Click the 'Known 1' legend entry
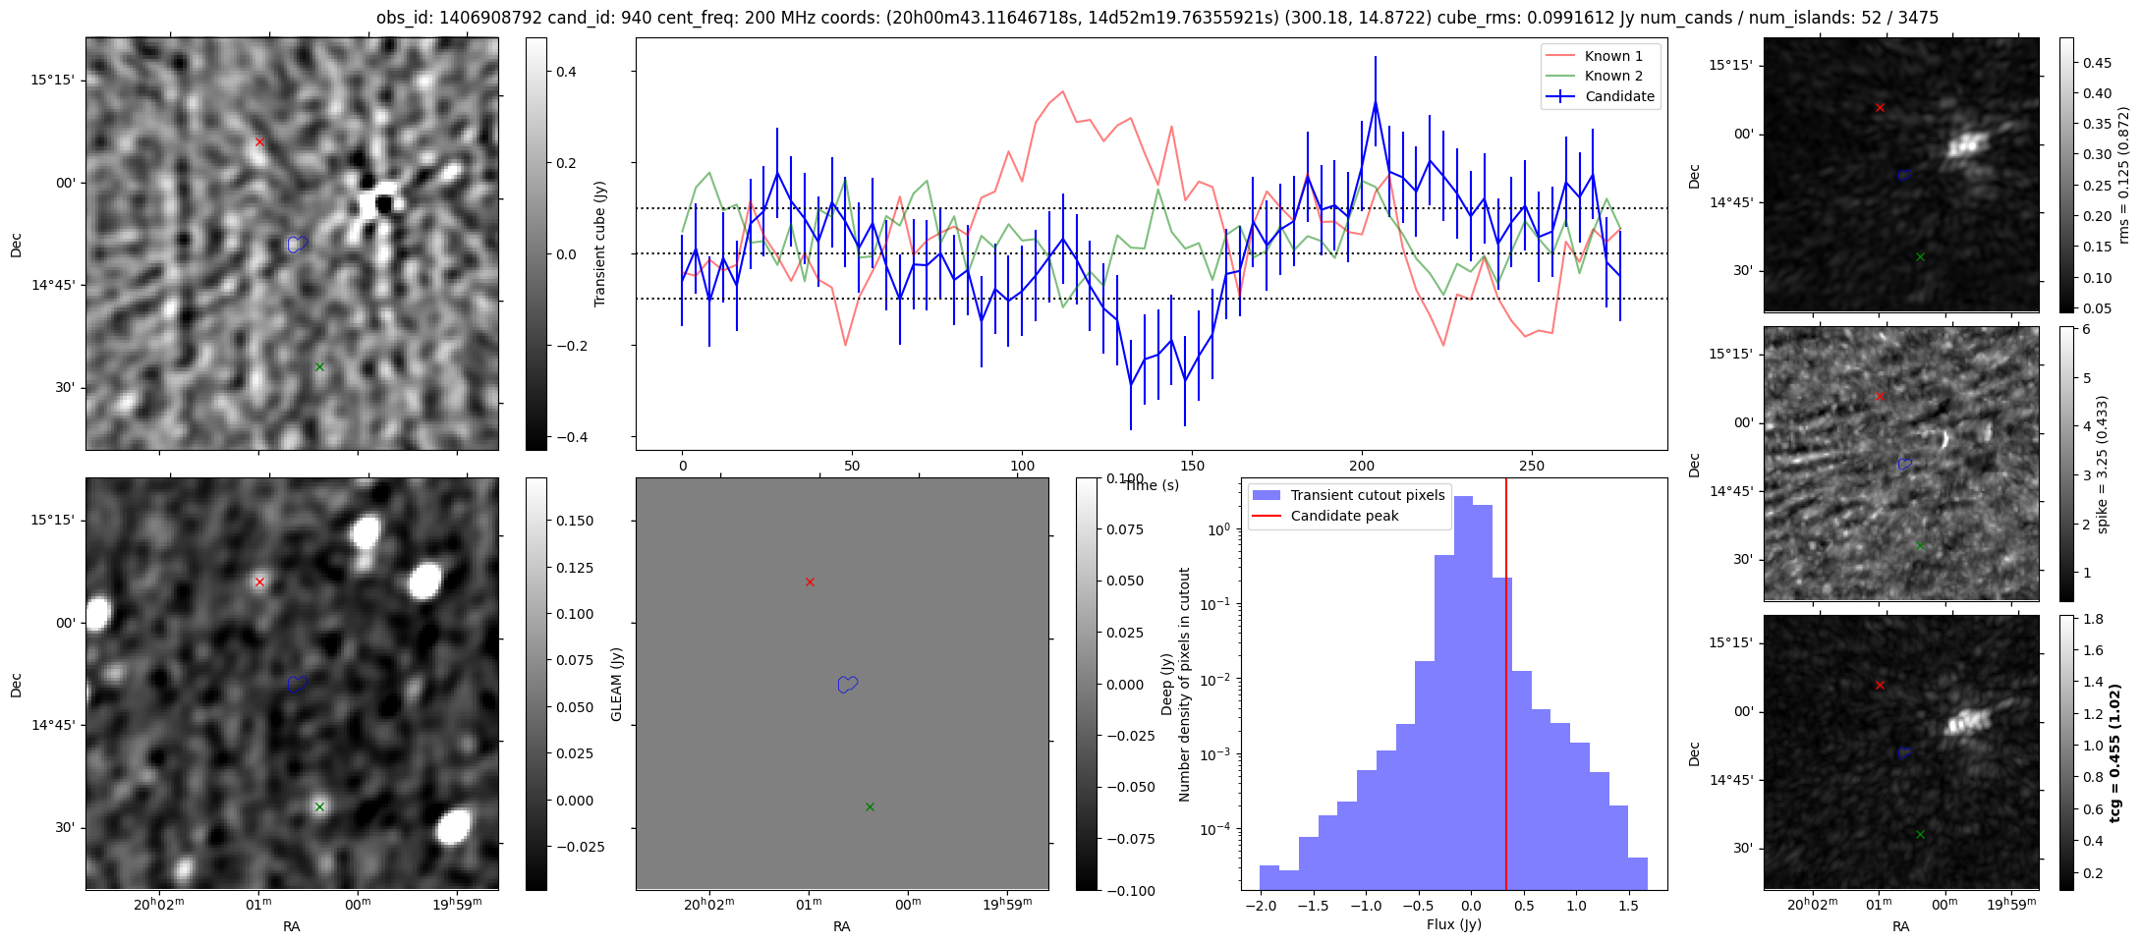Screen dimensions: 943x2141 tap(1612, 56)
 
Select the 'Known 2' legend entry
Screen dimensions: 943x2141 tap(1612, 76)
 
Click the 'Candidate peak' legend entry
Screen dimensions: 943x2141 tap(1344, 516)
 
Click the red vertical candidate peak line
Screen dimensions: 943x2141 tap(1506, 688)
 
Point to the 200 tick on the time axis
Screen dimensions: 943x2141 tap(1362, 466)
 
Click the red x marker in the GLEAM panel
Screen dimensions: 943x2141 tap(810, 582)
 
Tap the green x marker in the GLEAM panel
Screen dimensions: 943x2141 tap(870, 807)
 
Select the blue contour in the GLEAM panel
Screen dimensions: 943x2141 tap(847, 685)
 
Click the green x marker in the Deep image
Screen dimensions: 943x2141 tap(319, 807)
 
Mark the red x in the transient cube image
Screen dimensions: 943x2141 tap(259, 142)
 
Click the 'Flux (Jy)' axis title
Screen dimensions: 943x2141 tap(1453, 924)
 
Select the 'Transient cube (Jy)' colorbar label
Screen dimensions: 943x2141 tap(600, 244)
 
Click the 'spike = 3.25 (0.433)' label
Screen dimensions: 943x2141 tap(2102, 464)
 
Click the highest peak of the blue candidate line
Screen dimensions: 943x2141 tap(1376, 101)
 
